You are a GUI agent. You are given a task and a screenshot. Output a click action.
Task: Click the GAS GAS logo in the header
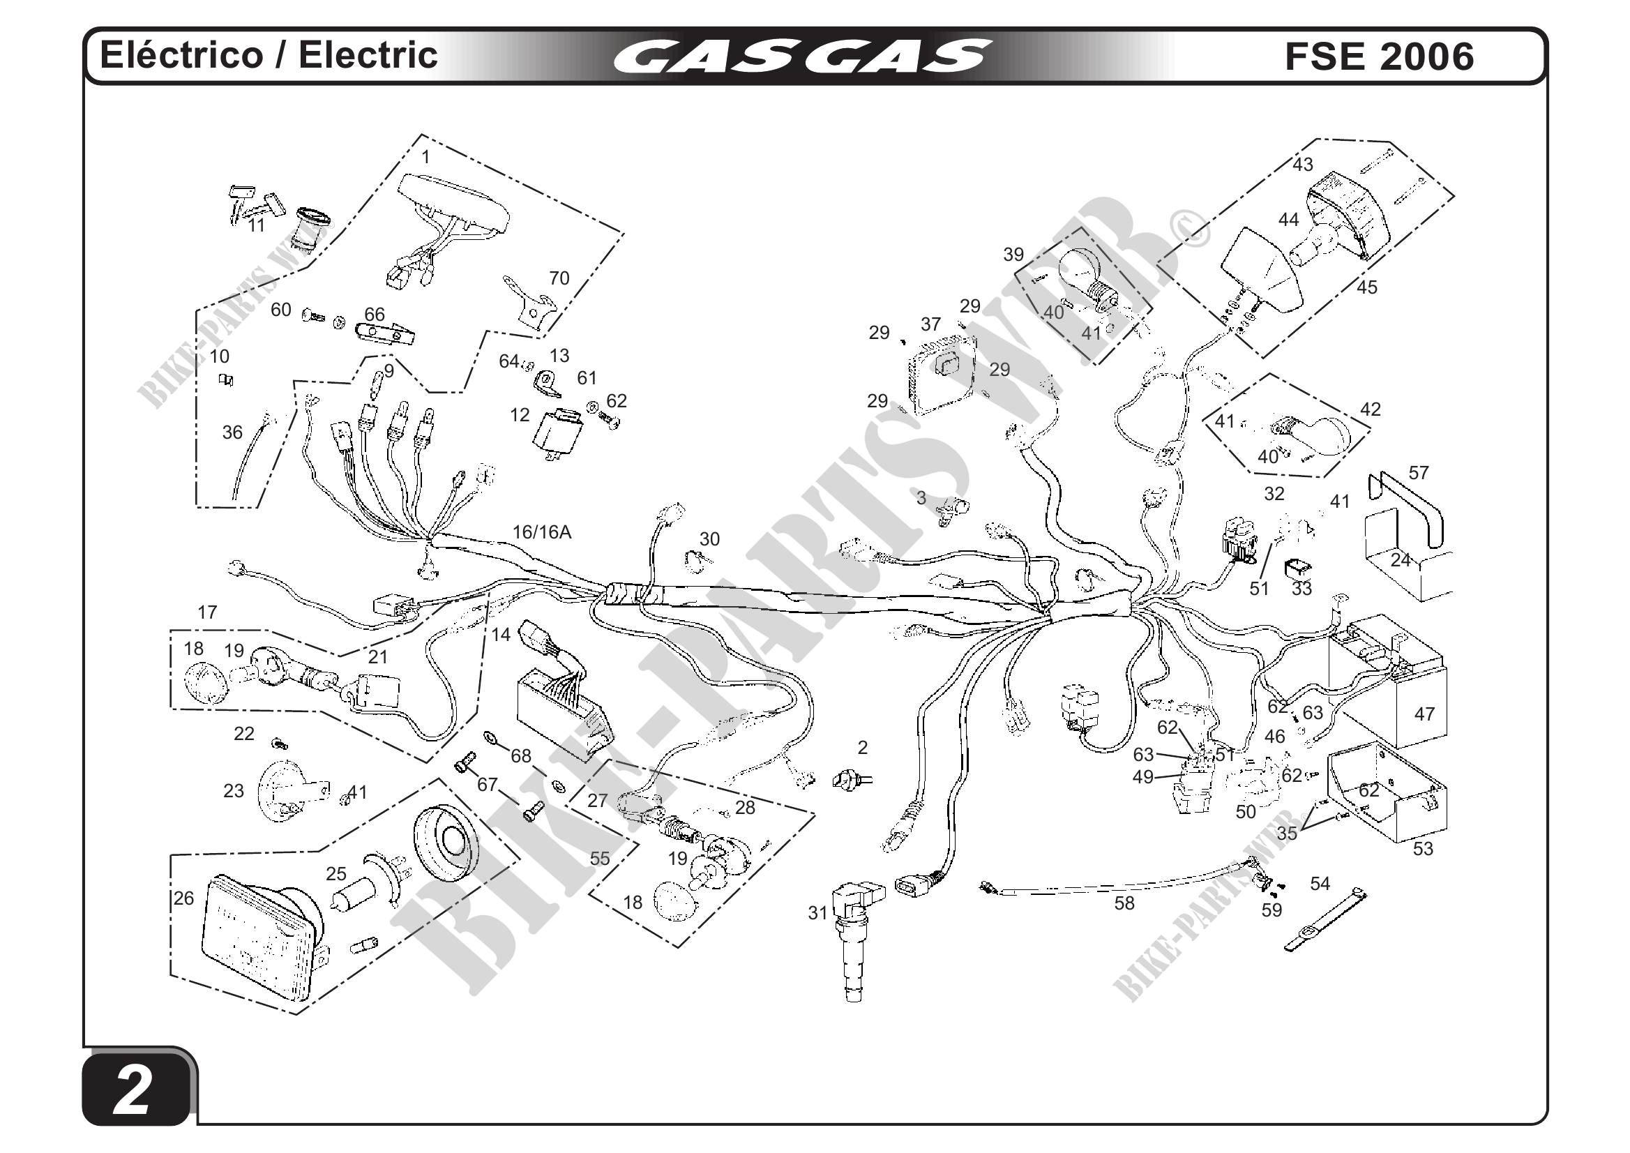[x=801, y=56]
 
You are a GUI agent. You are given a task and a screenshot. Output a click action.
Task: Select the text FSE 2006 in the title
[x=1379, y=56]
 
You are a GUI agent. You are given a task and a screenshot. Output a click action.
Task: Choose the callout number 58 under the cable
[x=1124, y=904]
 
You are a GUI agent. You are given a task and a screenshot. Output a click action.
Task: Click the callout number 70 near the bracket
[x=559, y=278]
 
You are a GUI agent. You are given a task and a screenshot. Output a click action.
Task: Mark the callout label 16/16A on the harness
[x=542, y=532]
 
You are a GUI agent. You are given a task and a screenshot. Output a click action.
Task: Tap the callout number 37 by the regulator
[x=930, y=324]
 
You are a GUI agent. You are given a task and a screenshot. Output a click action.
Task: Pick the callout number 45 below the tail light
[x=1366, y=287]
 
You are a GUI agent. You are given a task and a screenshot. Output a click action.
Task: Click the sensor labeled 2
[x=848, y=779]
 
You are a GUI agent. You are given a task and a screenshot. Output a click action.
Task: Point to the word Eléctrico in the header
[x=181, y=55]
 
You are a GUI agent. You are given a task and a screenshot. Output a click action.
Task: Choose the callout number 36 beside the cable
[x=232, y=432]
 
